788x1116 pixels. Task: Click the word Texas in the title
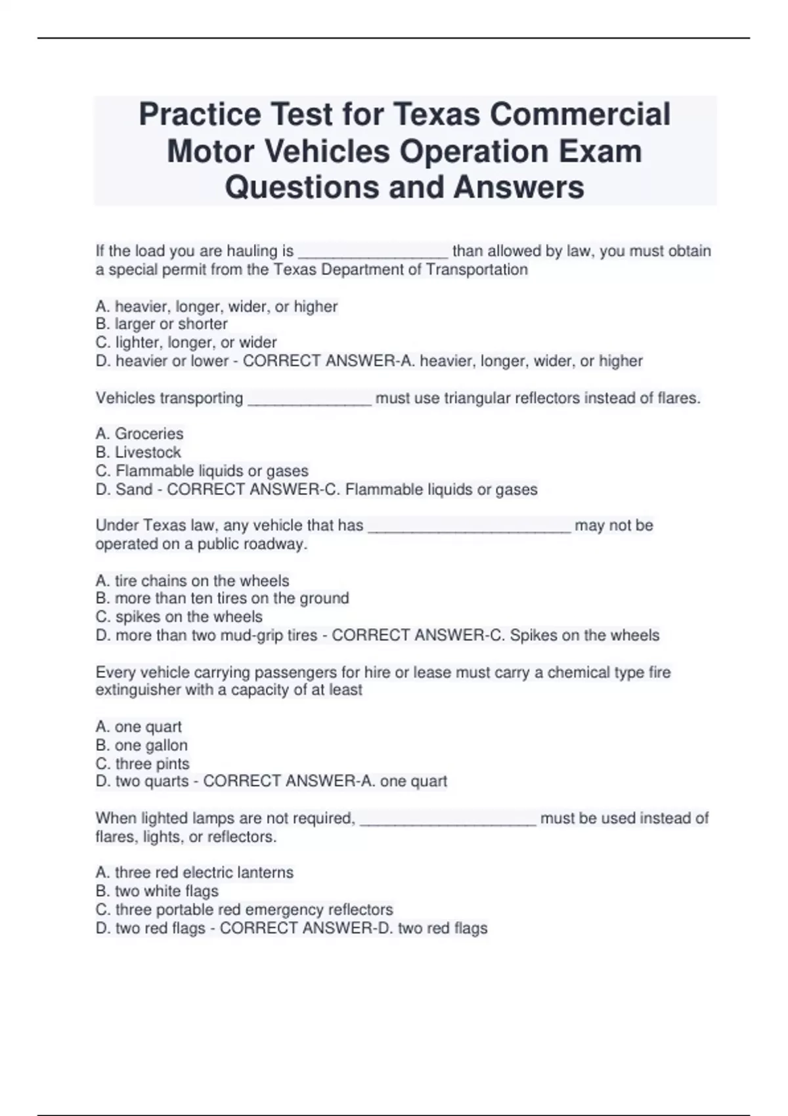point(441,114)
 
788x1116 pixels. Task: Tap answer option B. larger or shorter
point(162,324)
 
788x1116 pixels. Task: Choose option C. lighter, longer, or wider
point(186,343)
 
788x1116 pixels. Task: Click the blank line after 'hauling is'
point(373,252)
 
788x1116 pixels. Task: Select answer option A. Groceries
point(139,434)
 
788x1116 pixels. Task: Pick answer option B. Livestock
point(138,452)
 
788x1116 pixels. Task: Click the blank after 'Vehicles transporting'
point(309,399)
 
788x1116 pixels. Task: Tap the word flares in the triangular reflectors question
point(677,398)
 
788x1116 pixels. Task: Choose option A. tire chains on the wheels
point(192,581)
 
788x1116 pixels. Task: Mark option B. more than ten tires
point(222,599)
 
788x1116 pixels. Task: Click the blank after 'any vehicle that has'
point(469,526)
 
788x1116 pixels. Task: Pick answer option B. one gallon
point(141,746)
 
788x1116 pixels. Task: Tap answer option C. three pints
point(142,764)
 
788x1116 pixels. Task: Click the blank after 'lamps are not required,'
point(448,819)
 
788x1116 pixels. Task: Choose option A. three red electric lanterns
point(194,872)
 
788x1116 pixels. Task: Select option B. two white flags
point(157,891)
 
